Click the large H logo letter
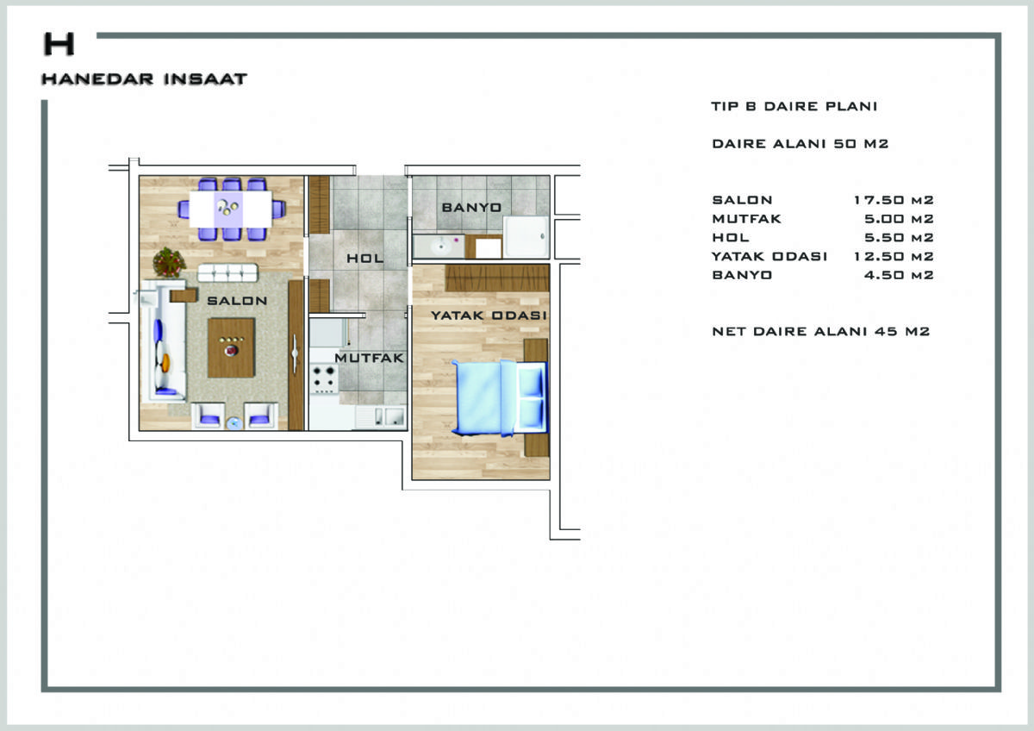(59, 44)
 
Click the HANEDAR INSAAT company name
(144, 79)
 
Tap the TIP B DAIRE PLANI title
(794, 106)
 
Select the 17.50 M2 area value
(894, 200)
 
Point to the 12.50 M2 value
(894, 256)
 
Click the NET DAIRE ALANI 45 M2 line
(820, 331)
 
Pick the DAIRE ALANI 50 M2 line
(800, 144)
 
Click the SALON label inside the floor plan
(237, 301)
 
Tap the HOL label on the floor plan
(365, 258)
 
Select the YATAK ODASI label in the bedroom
(489, 316)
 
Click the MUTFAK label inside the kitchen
(370, 358)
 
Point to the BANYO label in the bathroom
(472, 208)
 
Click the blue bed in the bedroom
(501, 398)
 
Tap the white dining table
(230, 209)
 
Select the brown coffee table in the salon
(231, 347)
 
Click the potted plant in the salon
(169, 262)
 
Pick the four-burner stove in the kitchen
(324, 378)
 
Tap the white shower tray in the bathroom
(526, 236)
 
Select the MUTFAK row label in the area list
(746, 219)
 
